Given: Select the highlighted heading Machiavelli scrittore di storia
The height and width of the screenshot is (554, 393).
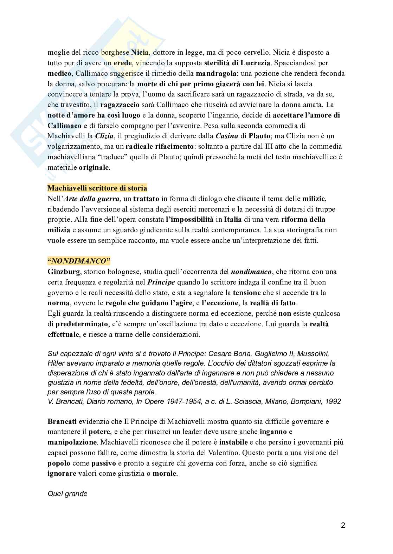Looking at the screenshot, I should [x=97, y=188].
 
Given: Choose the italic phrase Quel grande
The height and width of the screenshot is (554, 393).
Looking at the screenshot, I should [x=67, y=494].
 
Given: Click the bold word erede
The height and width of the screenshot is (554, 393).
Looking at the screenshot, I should [x=124, y=64].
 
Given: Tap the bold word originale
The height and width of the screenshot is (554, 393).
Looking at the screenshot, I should [x=94, y=168].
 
